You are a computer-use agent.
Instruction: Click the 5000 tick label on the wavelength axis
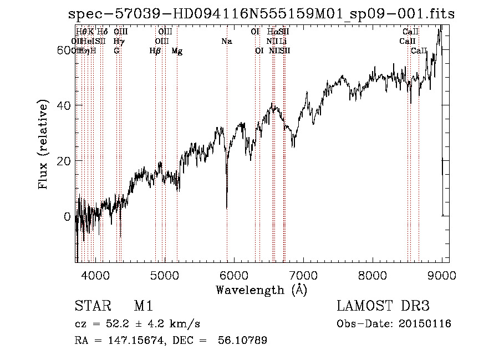[164, 275]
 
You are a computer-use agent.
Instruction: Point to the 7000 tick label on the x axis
[303, 275]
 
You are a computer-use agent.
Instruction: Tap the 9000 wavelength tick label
[442, 275]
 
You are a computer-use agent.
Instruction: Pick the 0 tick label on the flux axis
[67, 216]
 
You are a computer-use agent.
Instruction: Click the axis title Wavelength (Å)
[261, 290]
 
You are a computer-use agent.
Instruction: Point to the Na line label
[226, 41]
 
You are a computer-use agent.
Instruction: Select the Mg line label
[177, 51]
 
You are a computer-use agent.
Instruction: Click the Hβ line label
[155, 51]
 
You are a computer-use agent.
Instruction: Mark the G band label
[116, 51]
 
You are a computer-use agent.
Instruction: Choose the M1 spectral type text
[143, 306]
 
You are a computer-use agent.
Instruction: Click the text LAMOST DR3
[383, 306]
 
